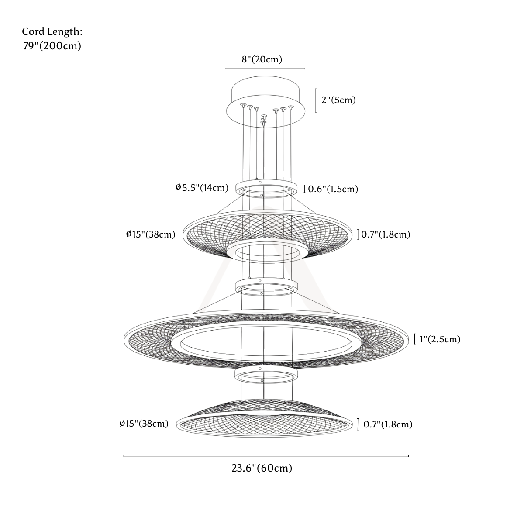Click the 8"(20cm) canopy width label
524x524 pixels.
(x=262, y=59)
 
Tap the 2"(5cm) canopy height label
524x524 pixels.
(x=338, y=100)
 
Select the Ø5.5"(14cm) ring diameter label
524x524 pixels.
(x=202, y=188)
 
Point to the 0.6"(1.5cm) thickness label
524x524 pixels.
(x=333, y=189)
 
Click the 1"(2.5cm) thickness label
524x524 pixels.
(x=440, y=339)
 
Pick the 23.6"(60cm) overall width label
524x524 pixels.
(x=262, y=468)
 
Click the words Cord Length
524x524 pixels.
(x=52, y=31)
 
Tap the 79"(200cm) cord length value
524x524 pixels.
(x=52, y=46)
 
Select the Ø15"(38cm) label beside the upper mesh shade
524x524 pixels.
(x=151, y=234)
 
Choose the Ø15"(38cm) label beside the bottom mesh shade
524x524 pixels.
(x=144, y=424)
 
